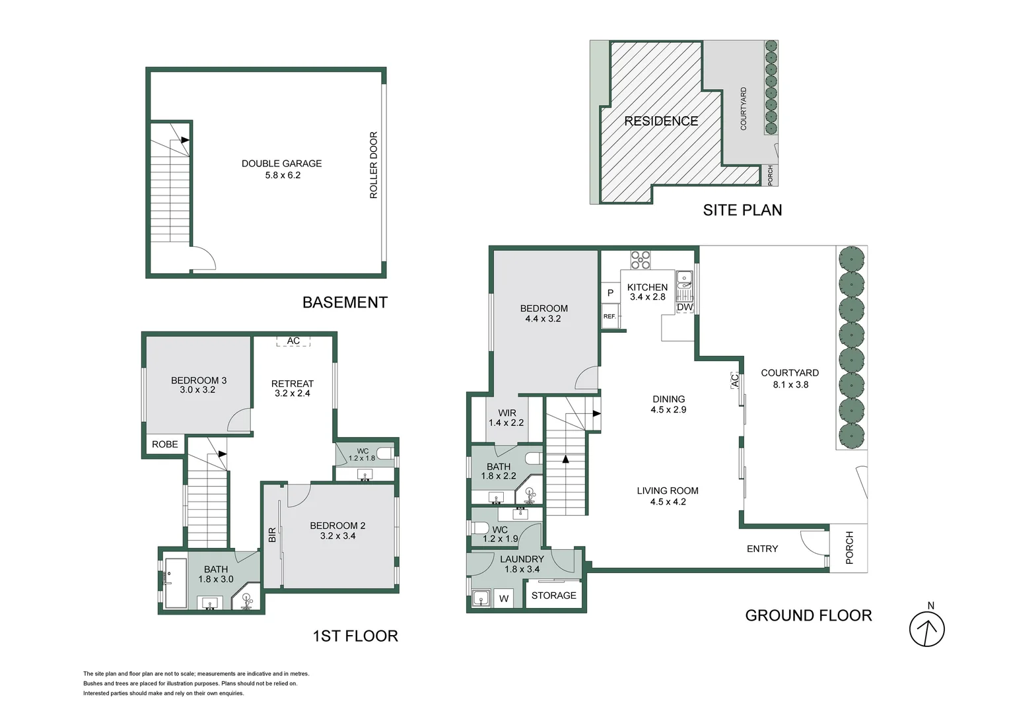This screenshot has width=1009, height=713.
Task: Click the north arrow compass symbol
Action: pyautogui.click(x=927, y=628)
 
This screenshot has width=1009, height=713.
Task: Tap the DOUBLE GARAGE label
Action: pyautogui.click(x=282, y=164)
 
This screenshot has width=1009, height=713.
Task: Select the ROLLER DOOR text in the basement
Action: pyautogui.click(x=373, y=165)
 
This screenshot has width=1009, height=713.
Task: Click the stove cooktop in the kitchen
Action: pyautogui.click(x=640, y=260)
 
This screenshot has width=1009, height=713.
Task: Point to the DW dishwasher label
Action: pyautogui.click(x=685, y=308)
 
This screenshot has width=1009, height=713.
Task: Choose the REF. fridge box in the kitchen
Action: pyautogui.click(x=610, y=316)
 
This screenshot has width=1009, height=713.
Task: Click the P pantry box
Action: pyautogui.click(x=610, y=292)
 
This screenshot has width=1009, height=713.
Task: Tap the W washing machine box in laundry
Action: pyautogui.click(x=504, y=599)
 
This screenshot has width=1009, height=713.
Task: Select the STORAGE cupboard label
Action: pyautogui.click(x=553, y=595)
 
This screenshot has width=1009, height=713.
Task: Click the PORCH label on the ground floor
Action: pyautogui.click(x=849, y=548)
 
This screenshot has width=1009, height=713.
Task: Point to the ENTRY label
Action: pyautogui.click(x=762, y=549)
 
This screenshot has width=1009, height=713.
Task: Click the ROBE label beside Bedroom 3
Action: pyautogui.click(x=164, y=444)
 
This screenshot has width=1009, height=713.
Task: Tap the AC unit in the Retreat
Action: pyautogui.click(x=293, y=341)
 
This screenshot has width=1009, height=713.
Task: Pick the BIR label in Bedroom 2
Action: pyautogui.click(x=271, y=535)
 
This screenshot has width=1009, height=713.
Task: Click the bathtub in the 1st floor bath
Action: pyautogui.click(x=176, y=584)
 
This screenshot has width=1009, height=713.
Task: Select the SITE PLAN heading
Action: pyautogui.click(x=742, y=211)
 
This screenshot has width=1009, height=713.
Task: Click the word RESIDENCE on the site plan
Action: pyautogui.click(x=661, y=121)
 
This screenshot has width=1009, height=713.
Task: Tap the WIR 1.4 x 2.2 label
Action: pyautogui.click(x=506, y=417)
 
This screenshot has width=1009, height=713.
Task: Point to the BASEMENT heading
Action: pyautogui.click(x=345, y=302)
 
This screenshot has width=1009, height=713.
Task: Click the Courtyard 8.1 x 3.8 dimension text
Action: pyautogui.click(x=790, y=385)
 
